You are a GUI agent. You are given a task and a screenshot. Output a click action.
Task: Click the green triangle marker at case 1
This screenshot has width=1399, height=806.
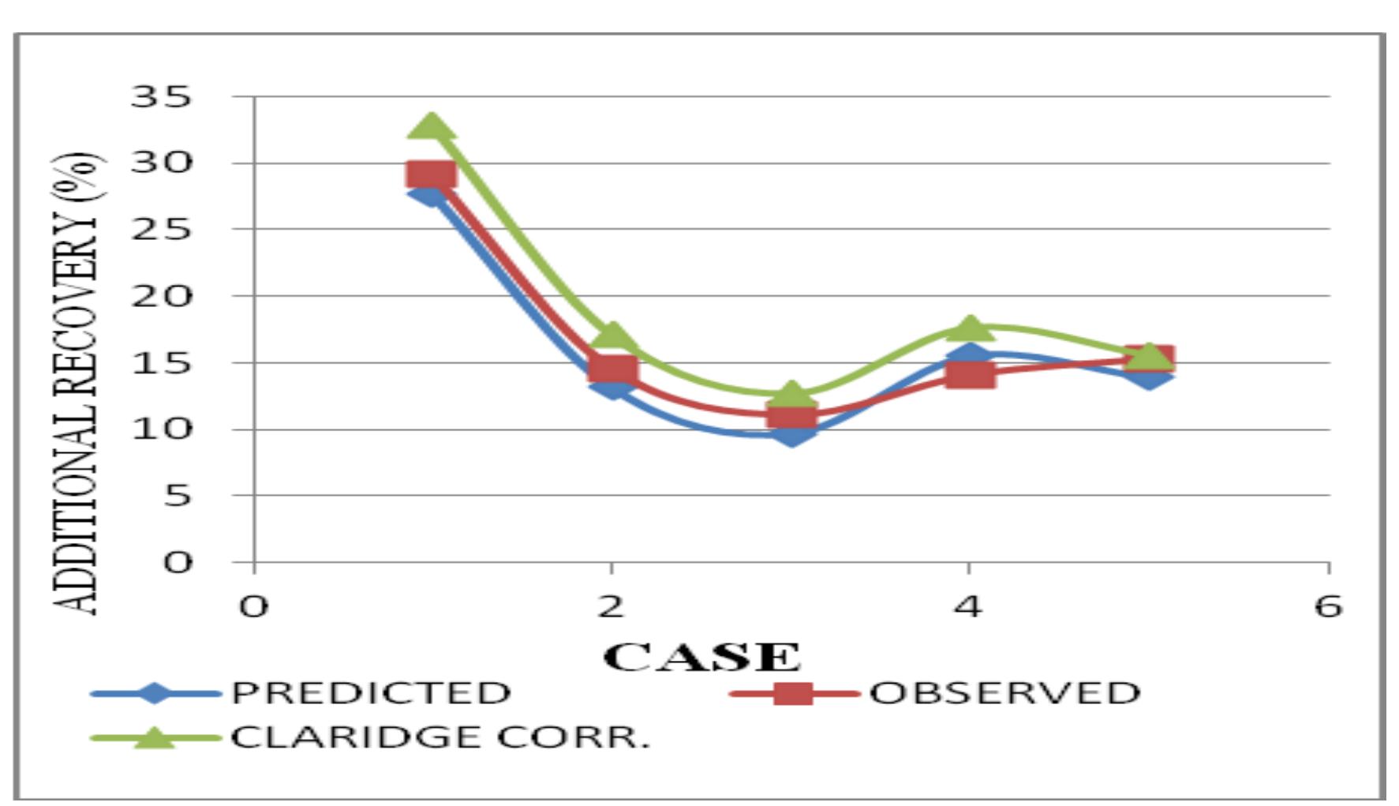coord(431,126)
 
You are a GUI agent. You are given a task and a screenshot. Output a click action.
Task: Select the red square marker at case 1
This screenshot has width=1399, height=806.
coord(431,174)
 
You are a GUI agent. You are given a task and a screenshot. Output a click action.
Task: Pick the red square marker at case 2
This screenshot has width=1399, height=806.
coord(612,369)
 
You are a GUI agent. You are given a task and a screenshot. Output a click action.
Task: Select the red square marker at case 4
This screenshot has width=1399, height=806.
coord(970,373)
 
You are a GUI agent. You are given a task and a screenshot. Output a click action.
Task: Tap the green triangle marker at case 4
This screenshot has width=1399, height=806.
coord(970,328)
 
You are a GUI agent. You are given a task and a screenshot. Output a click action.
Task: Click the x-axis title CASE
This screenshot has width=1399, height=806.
coord(701,657)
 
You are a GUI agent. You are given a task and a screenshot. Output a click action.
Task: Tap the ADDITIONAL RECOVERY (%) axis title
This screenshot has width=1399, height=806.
coord(76,384)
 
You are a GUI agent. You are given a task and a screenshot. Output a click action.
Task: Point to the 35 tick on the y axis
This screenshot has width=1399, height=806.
coord(161,97)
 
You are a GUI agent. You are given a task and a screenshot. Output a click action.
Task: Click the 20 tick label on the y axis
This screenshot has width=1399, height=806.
coord(161,296)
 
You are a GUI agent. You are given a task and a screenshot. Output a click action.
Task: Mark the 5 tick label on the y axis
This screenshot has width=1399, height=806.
coord(178,496)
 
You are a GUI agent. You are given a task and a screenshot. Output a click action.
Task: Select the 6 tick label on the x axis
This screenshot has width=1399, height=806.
coord(1328,606)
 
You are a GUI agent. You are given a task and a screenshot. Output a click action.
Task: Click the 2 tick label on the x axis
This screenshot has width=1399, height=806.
coord(611,606)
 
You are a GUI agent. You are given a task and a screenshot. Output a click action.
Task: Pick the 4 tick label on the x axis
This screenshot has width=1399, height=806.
coord(968,606)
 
